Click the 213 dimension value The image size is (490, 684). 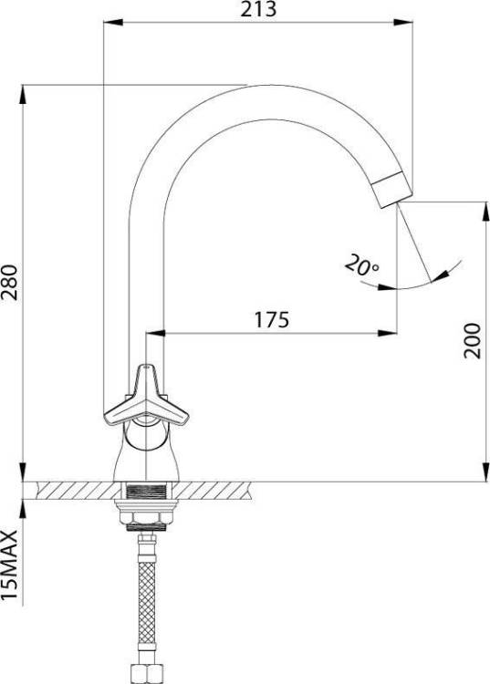[258, 9]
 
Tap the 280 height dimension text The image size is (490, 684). [10, 282]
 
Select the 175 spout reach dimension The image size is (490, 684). [271, 320]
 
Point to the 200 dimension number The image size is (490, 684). [472, 341]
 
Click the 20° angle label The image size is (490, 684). [361, 265]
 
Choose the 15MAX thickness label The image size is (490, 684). [10, 565]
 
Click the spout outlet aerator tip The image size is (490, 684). [392, 189]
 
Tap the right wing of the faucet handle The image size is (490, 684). [169, 412]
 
